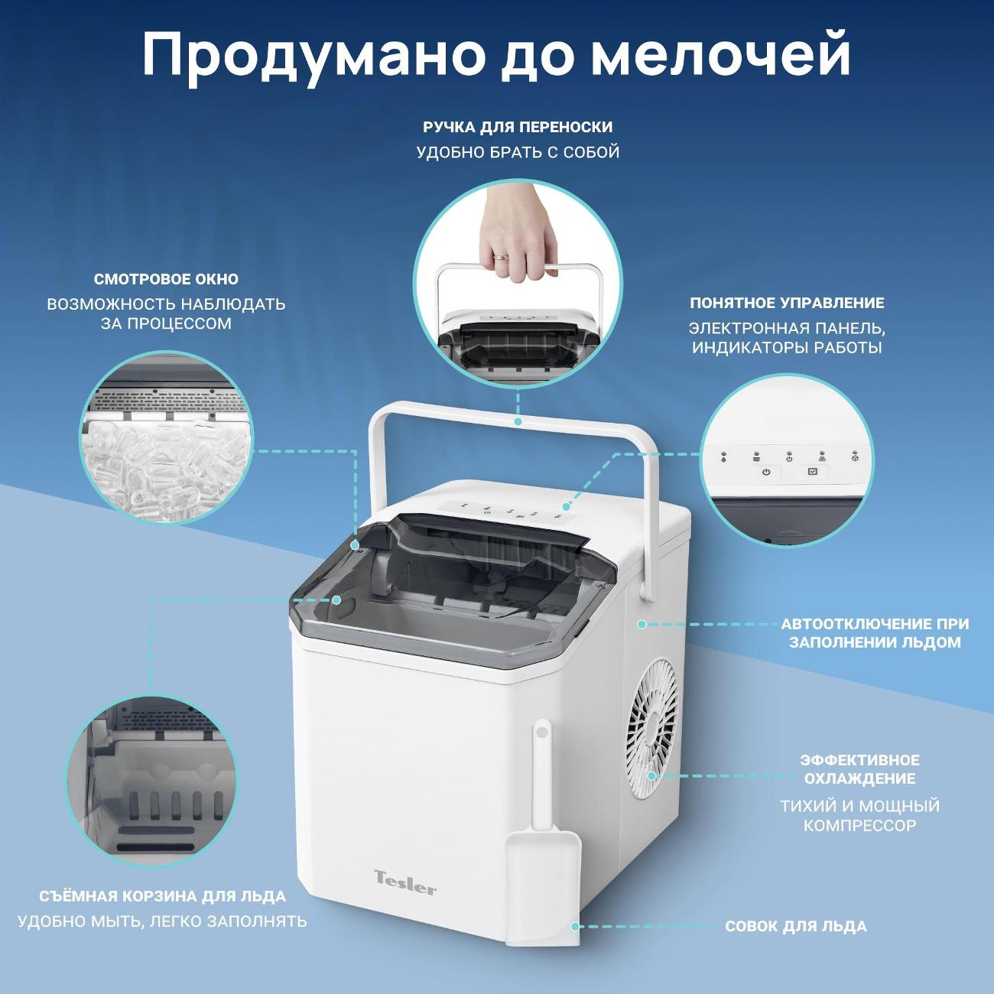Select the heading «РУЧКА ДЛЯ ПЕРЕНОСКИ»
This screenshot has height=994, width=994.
point(518,127)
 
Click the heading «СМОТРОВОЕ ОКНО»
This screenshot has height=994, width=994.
point(166,279)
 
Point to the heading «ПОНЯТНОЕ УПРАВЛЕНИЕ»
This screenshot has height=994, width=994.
point(787,303)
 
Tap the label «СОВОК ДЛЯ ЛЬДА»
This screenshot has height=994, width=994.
point(796,927)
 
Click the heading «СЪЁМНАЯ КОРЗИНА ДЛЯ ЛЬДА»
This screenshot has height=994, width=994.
point(163,896)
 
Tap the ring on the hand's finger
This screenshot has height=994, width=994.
point(500,256)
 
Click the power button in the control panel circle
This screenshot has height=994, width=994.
point(766,472)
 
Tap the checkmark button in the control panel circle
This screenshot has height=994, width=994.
point(813,472)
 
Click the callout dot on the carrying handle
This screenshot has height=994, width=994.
point(518,421)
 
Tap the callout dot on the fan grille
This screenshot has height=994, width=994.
point(652,776)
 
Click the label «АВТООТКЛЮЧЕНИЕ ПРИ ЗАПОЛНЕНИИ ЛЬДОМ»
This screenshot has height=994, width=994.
point(875,633)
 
